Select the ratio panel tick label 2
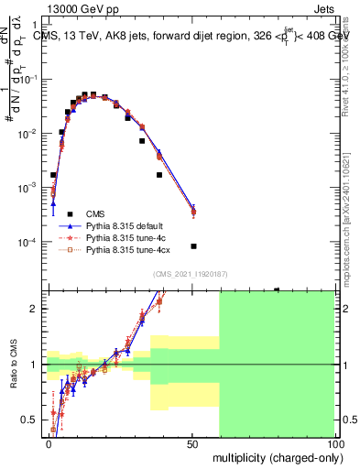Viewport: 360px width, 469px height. coord(38,309)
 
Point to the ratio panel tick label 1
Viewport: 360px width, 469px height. coord(38,365)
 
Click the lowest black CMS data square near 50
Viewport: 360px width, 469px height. coord(193,246)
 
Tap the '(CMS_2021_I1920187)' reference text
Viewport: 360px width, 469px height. coord(191,274)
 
